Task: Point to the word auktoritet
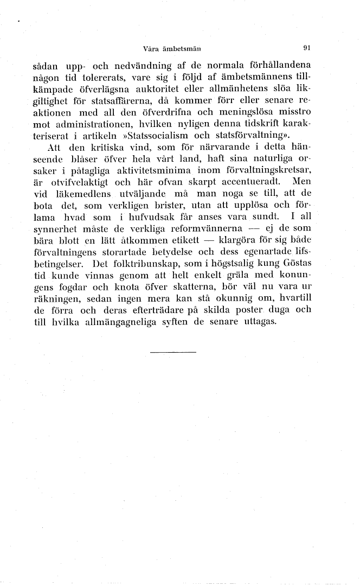click(x=207, y=88)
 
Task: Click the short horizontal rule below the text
click(x=172, y=353)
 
